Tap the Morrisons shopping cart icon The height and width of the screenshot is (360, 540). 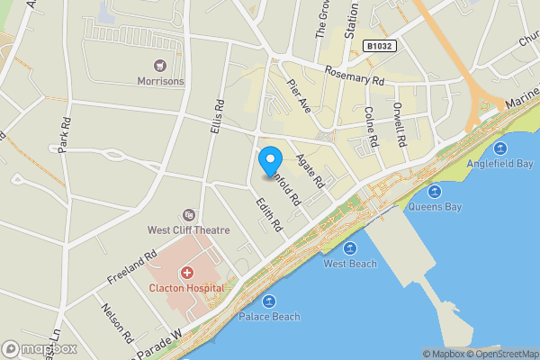[160, 65]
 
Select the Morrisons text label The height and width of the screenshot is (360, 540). [160, 81]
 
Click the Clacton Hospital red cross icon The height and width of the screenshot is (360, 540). [187, 272]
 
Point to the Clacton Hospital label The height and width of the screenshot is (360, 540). [187, 288]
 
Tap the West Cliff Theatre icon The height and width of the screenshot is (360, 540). [188, 214]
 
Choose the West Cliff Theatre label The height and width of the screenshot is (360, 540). [189, 230]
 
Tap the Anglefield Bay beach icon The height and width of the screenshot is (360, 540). [500, 148]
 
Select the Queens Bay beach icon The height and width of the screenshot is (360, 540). [435, 191]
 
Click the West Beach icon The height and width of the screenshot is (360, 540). [350, 247]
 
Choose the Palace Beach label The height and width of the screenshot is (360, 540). [269, 317]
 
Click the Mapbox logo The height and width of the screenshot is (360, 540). [40, 349]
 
